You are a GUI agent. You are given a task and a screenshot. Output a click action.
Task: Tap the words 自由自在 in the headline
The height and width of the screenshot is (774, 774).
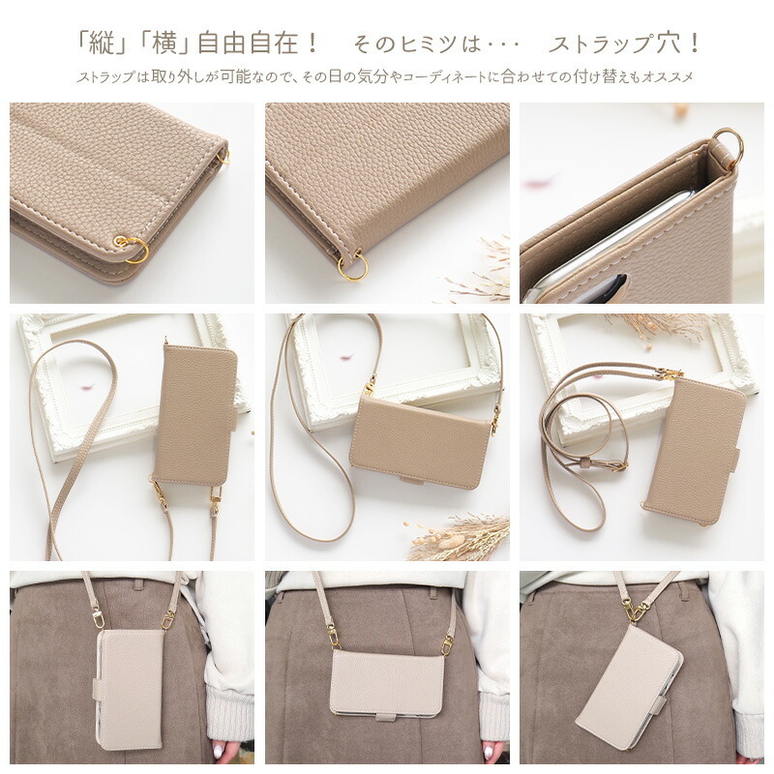click(x=249, y=44)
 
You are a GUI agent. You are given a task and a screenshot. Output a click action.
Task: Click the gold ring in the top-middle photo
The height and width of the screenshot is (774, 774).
click(x=352, y=268)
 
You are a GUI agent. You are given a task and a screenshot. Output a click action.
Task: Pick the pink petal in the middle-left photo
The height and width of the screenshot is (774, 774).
click(x=88, y=386)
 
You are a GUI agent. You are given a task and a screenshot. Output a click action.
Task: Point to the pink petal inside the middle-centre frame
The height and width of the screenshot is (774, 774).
click(x=346, y=356)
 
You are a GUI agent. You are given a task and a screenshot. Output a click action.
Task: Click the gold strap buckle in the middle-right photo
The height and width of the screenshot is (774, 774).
click(x=619, y=465)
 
